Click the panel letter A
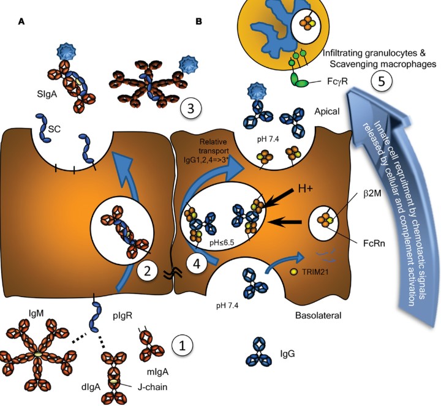(x=22, y=22)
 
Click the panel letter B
(x=198, y=22)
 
